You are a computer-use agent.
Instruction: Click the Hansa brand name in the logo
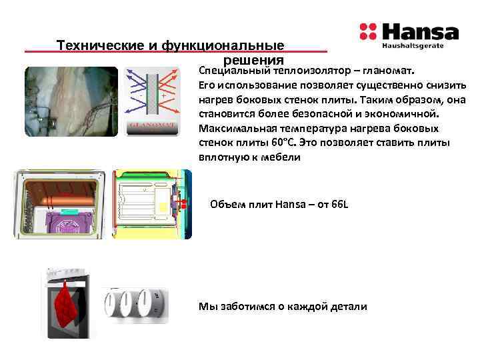click(419, 32)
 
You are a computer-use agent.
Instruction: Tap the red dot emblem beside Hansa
click(367, 32)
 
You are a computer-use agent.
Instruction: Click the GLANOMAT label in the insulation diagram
click(153, 124)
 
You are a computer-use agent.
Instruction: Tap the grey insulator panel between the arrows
click(153, 93)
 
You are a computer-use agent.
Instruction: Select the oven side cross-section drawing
click(153, 203)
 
